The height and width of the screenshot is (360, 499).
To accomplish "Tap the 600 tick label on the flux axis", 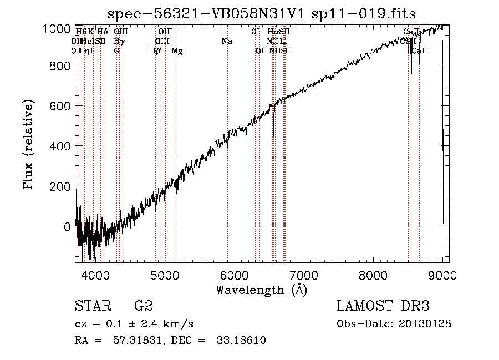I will pos(58,106).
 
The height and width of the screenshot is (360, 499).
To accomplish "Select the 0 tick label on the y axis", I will pos(67,226).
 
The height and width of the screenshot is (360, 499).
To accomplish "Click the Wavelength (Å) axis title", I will pos(261,290).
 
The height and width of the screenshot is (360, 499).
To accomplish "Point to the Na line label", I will pos(226,42).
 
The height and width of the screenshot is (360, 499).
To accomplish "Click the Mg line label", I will pos(177,51).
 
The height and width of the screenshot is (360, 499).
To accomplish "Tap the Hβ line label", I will pos(155,51).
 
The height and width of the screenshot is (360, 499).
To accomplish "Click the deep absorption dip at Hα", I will pos(274,133).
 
